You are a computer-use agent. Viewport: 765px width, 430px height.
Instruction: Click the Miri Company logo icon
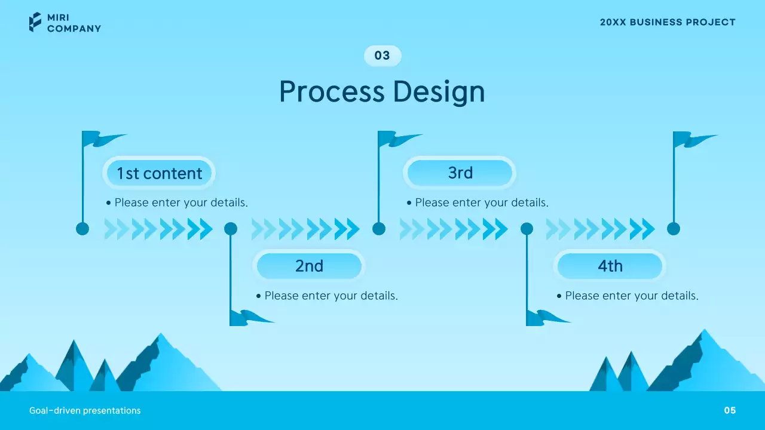[x=35, y=22]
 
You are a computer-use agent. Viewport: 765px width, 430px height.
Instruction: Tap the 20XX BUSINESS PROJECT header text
[x=668, y=22]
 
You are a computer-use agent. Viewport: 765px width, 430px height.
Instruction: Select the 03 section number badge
[x=382, y=56]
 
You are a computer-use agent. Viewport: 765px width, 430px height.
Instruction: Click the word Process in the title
[x=332, y=92]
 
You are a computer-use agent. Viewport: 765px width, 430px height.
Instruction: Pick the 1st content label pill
[x=159, y=173]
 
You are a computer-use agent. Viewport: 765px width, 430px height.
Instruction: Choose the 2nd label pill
[x=309, y=266]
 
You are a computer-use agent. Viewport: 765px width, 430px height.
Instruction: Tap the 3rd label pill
[x=460, y=173]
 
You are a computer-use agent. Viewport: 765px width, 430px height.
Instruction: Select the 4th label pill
[x=610, y=266]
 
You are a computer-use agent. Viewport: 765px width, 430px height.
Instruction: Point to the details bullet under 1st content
[x=176, y=202]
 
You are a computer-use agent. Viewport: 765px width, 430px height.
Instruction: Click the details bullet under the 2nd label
[x=327, y=296]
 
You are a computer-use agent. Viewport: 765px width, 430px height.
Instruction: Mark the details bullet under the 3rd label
[x=477, y=202]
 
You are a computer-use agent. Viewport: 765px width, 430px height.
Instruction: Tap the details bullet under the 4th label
[x=628, y=296]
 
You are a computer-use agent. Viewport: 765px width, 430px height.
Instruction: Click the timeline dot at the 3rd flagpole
[x=379, y=229]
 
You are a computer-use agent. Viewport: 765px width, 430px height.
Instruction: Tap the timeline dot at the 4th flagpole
[x=527, y=229]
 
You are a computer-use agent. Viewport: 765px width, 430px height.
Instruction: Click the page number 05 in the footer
[x=730, y=410]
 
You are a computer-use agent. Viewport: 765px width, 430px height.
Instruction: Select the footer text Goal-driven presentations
[x=85, y=410]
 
